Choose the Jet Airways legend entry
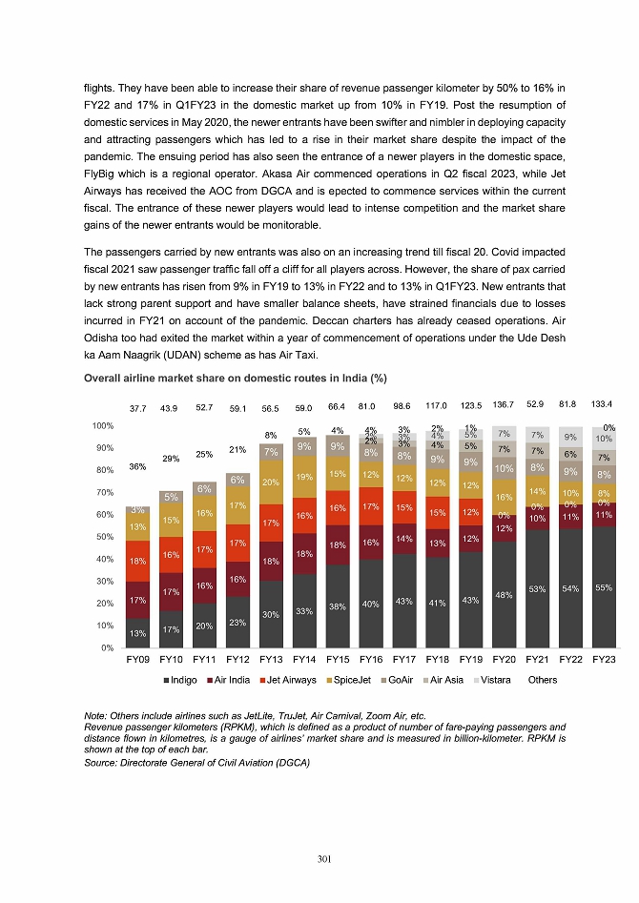tap(288, 680)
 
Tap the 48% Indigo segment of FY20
tap(505, 596)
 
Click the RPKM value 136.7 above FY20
tap(505, 407)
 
